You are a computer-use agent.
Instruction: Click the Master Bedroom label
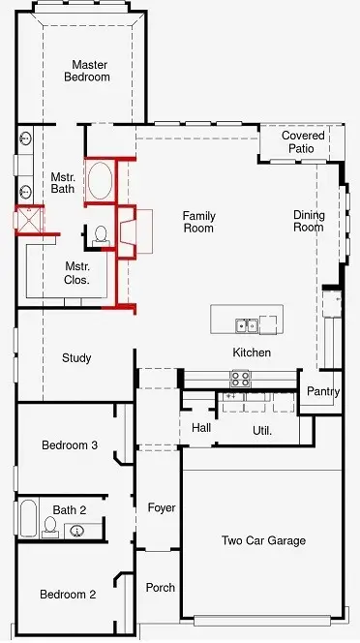(87, 71)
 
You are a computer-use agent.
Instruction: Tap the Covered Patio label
(303, 142)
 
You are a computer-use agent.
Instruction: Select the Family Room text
(198, 222)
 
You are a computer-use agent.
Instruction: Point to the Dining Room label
(308, 221)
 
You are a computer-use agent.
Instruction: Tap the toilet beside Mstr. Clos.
(101, 234)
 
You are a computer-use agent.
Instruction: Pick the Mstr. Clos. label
(77, 273)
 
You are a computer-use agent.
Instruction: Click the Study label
(76, 358)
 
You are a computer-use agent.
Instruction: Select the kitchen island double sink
(247, 324)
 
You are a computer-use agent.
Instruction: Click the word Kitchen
(252, 352)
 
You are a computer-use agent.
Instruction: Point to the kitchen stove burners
(239, 377)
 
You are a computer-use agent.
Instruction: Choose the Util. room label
(261, 430)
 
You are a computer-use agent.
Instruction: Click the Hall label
(201, 427)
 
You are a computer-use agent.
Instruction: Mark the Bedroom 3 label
(69, 445)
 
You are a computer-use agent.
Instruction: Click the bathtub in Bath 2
(27, 518)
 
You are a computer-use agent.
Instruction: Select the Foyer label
(161, 507)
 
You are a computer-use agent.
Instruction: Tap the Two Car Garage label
(263, 541)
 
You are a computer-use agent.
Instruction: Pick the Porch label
(160, 588)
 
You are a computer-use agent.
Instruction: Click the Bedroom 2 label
(68, 595)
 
